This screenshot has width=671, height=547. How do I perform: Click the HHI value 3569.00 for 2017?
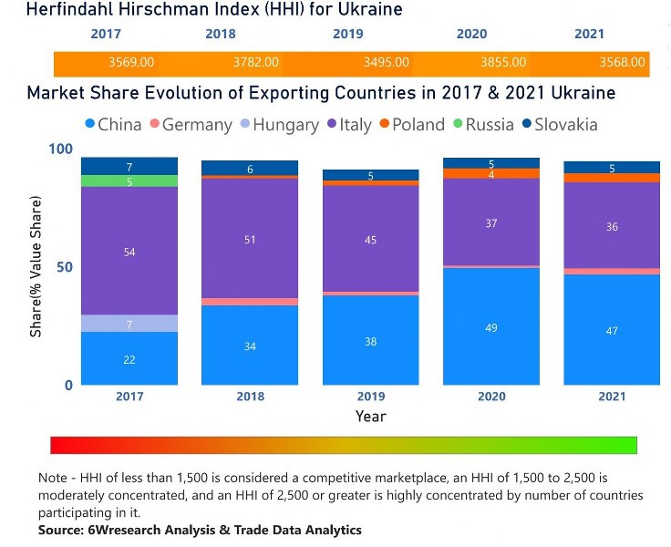click(131, 63)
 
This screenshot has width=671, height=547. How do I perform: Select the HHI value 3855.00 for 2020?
click(503, 63)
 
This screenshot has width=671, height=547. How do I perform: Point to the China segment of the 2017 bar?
click(129, 358)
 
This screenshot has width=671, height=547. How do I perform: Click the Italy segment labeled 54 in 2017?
click(129, 251)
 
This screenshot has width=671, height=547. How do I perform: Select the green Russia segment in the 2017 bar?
click(129, 181)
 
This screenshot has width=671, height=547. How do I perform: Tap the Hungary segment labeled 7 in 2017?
click(129, 324)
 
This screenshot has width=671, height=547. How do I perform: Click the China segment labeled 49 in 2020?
click(491, 326)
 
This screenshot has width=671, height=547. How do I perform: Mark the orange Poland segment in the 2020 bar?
click(491, 174)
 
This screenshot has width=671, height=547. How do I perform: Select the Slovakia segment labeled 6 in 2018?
click(250, 169)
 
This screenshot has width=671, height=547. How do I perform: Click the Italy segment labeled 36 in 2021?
click(612, 226)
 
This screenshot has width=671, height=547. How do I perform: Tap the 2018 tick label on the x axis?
click(250, 397)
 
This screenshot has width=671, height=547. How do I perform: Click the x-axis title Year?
click(370, 417)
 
